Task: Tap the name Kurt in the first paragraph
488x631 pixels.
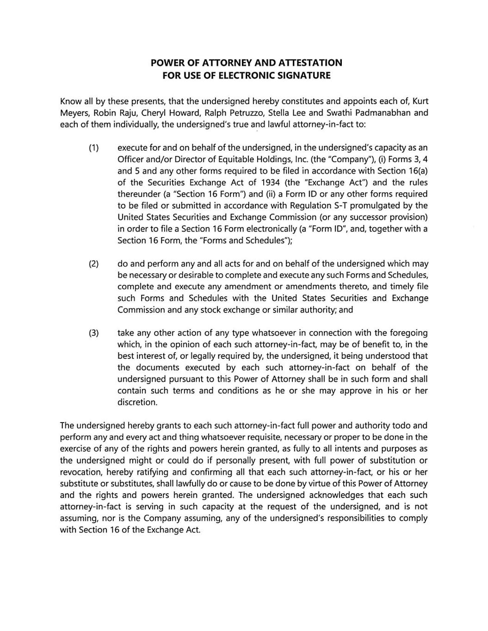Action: tap(420, 101)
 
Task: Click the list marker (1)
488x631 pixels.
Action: tap(94, 148)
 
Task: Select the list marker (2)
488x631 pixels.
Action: tap(94, 264)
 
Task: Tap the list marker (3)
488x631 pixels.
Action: tap(94, 333)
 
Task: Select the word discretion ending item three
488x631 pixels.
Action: tap(137, 403)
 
